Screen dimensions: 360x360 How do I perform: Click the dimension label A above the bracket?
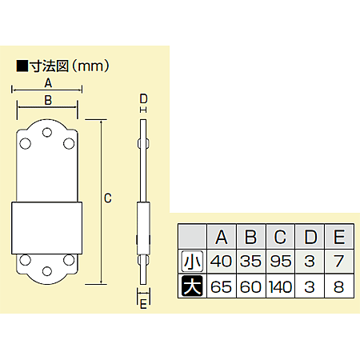pos(48,82)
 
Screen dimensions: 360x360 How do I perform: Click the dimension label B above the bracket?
pos(48,100)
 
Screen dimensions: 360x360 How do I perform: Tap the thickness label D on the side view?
pos(143,98)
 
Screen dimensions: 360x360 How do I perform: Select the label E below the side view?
pos(143,303)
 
